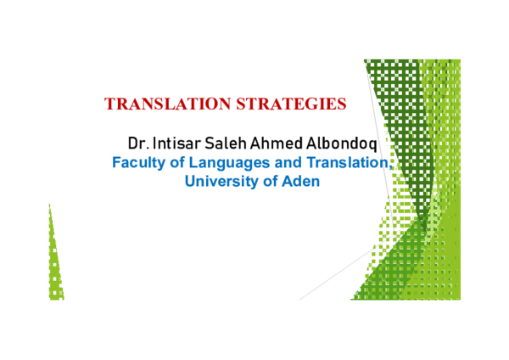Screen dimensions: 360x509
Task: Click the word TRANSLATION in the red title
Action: coord(157,104)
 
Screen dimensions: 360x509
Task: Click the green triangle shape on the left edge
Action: coord(55,263)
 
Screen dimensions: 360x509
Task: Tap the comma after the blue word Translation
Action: coord(389,166)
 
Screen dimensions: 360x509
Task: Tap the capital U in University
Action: coord(190,181)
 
